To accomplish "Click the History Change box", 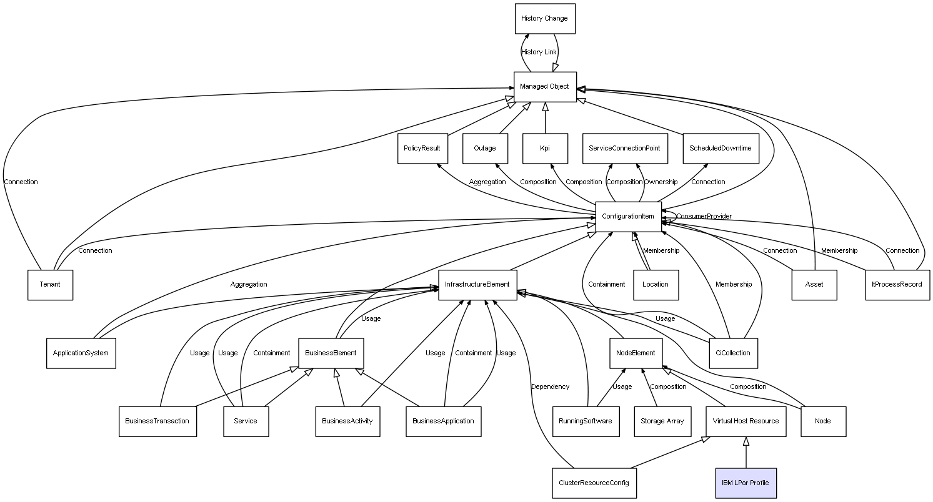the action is click(545, 19).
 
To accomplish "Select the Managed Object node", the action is click(545, 87).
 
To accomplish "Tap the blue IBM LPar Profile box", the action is click(746, 483).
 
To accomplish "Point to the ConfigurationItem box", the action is click(628, 217).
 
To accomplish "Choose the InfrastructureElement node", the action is click(477, 285).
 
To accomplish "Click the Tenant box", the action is click(50, 285).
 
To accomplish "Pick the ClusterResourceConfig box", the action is click(594, 483).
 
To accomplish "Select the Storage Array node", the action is click(662, 421).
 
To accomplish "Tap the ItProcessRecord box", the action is click(897, 285).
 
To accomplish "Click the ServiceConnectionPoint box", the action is click(625, 148).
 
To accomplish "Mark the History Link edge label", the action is click(539, 52).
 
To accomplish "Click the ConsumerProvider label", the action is click(704, 217).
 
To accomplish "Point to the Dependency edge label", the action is click(550, 386).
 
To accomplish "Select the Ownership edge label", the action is click(661, 182).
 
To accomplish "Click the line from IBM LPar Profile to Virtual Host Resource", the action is click(746, 453).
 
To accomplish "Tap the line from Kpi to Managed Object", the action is click(545, 118).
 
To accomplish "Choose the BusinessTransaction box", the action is click(157, 421).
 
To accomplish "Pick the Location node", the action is click(656, 285).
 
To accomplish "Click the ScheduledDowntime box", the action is click(721, 148).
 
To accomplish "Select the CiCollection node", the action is click(733, 353).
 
